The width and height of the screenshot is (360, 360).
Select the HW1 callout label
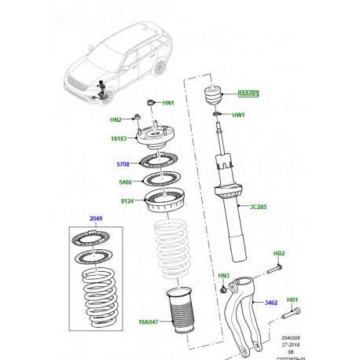239,116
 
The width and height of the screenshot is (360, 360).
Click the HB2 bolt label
278,253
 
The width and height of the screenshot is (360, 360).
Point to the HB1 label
292,299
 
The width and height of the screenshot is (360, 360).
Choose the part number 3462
270,280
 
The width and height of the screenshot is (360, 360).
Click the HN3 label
224,275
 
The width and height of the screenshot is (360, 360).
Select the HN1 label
169,103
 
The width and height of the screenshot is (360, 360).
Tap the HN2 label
116,119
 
